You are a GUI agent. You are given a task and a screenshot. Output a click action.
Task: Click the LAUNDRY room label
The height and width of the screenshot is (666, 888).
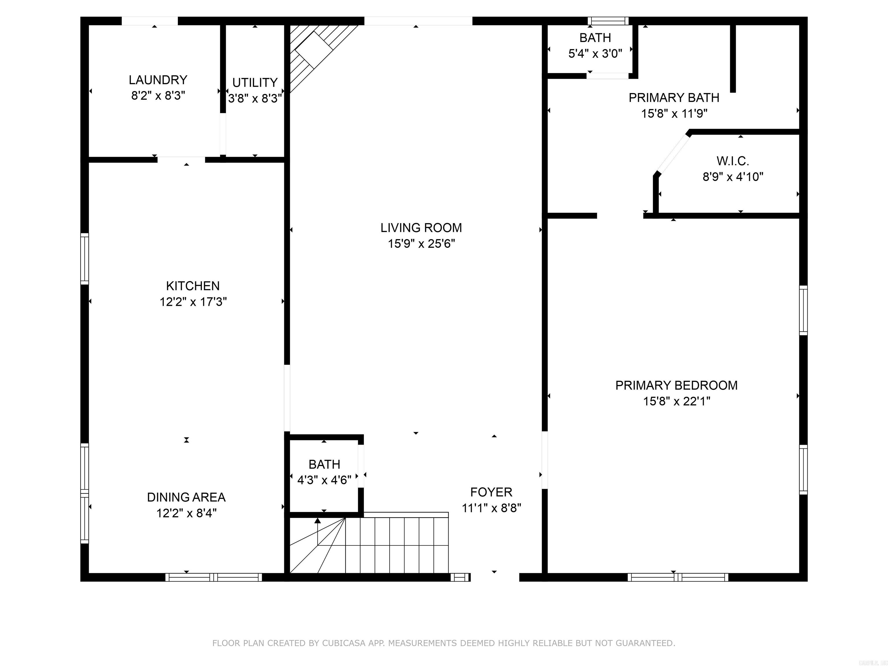coord(158,80)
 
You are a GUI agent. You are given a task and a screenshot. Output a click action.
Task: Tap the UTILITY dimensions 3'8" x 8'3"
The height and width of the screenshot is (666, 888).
coord(254,98)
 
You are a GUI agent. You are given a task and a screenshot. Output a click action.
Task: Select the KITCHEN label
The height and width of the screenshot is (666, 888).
coord(193,286)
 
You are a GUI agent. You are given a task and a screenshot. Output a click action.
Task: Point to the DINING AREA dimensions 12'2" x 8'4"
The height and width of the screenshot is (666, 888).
coord(186,513)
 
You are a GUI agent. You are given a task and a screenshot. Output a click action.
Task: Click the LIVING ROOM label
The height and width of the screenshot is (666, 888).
coord(421,227)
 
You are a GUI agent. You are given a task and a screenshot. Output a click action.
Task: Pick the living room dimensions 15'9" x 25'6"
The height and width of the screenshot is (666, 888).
coord(421,244)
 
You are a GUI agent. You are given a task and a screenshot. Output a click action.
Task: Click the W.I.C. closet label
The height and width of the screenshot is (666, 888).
coord(733,161)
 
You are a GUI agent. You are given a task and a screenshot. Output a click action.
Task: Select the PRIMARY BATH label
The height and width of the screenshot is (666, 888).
coord(674,97)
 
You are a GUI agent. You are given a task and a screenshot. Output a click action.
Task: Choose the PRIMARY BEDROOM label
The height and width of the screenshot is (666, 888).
coord(676,385)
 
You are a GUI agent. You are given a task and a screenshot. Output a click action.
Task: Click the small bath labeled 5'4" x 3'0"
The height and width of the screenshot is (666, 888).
coord(595,45)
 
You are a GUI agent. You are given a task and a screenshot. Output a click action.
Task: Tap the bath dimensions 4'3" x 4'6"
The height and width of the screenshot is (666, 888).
coord(324,480)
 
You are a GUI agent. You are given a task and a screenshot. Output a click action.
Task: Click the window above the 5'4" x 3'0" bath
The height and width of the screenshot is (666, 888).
coord(608,21)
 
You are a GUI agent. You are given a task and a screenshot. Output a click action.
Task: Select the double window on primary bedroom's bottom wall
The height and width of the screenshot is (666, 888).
coord(678,577)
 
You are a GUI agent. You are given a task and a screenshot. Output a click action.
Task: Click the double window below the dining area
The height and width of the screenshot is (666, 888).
coord(214,577)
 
